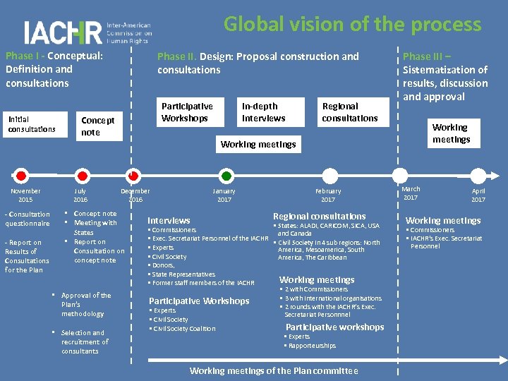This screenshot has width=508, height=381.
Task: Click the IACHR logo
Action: (x=87, y=32)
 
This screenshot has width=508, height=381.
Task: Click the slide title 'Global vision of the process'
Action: (x=352, y=25)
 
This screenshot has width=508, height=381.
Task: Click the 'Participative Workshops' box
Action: (x=187, y=112)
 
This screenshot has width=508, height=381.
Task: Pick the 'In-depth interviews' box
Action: (x=263, y=112)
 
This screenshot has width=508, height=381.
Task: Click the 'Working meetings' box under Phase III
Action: (x=451, y=133)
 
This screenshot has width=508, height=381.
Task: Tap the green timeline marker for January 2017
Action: (x=225, y=175)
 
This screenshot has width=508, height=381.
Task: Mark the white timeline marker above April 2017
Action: (x=477, y=175)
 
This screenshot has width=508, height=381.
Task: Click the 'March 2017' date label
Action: (x=411, y=193)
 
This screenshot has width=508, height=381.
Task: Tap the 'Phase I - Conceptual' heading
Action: (x=54, y=56)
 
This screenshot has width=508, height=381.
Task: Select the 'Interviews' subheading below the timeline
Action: (x=169, y=220)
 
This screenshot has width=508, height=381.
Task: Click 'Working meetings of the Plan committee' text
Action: (x=274, y=370)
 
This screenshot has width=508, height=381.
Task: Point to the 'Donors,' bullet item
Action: (x=163, y=265)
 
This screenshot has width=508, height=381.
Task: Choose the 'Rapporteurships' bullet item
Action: (x=312, y=346)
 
